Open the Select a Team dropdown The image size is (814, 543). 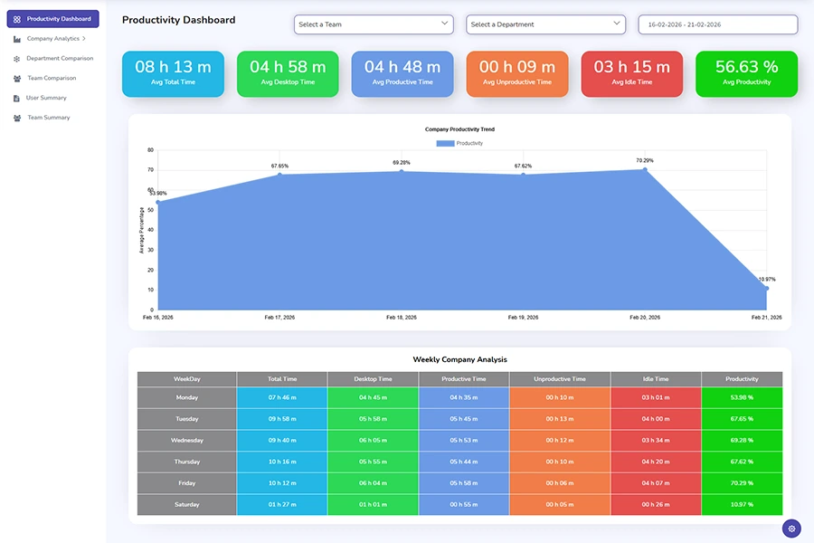tap(373, 24)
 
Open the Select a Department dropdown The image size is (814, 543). tap(545, 24)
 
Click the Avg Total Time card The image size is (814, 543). tap(173, 73)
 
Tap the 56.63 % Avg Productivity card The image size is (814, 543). tap(746, 73)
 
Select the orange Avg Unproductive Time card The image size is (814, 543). tap(516, 73)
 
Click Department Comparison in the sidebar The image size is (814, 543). tap(60, 58)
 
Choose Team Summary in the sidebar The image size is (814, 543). tap(48, 118)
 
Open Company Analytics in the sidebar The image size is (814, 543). tap(53, 39)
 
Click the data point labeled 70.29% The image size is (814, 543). tap(645, 169)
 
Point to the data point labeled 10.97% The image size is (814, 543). tap(766, 288)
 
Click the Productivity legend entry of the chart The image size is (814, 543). tap(459, 143)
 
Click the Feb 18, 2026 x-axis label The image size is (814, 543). tap(402, 318)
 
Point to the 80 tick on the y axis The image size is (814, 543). tap(150, 150)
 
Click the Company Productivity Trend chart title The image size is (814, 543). tap(459, 129)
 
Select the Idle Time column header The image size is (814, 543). tap(655, 379)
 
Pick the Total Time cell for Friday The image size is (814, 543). tap(282, 483)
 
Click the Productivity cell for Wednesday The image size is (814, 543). tap(741, 440)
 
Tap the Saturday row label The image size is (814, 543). tap(186, 504)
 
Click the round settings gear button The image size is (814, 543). tap(791, 529)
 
